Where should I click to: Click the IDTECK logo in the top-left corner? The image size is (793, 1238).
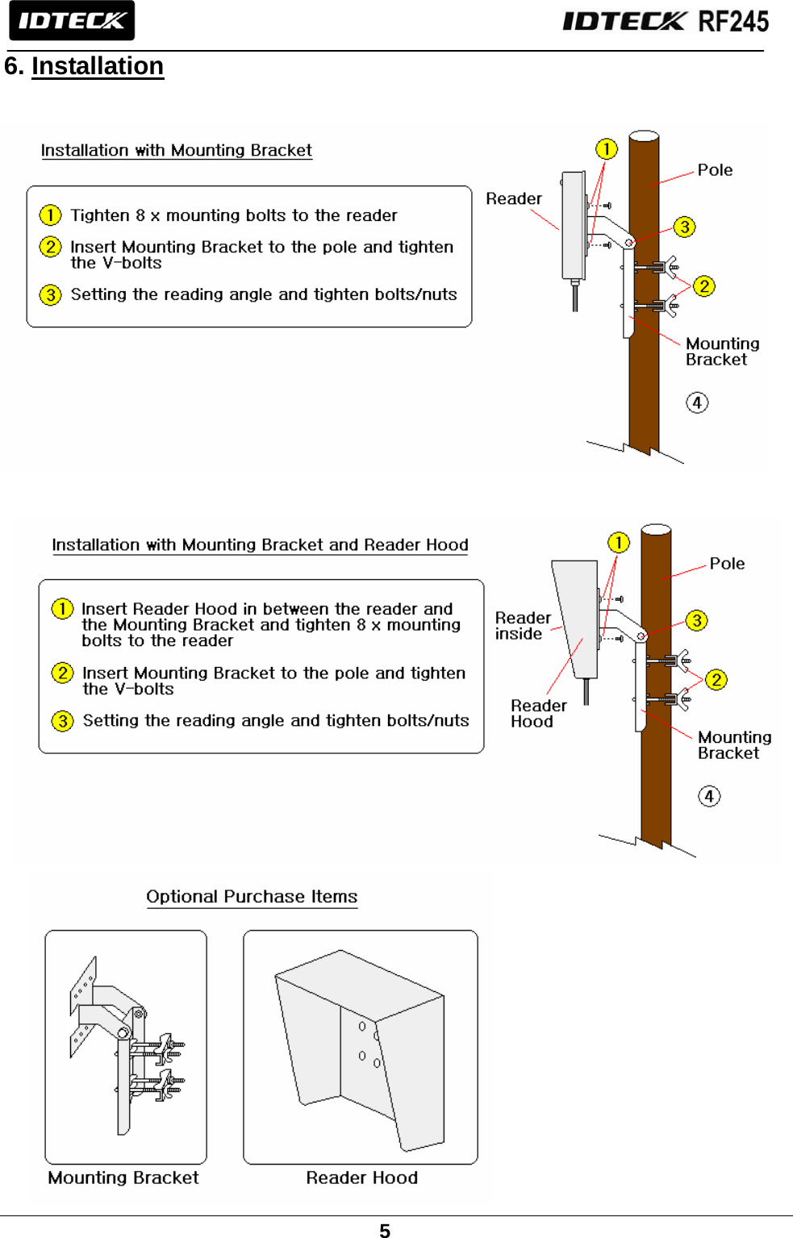click(x=71, y=20)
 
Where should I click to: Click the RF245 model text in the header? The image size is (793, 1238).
click(x=732, y=21)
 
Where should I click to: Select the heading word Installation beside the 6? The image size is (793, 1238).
click(x=98, y=66)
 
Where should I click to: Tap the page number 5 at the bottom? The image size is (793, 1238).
click(x=385, y=1230)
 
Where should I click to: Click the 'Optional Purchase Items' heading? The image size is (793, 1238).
click(x=252, y=897)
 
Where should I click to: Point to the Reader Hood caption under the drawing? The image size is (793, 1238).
click(x=361, y=1178)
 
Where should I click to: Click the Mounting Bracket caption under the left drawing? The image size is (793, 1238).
click(x=123, y=1178)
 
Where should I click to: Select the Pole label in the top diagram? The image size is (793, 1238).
click(x=715, y=170)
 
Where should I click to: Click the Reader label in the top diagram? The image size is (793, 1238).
click(x=514, y=198)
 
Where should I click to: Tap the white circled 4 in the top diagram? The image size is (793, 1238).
click(x=697, y=402)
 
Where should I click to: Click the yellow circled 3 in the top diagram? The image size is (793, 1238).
click(x=684, y=227)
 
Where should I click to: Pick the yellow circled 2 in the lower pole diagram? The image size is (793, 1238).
click(x=716, y=680)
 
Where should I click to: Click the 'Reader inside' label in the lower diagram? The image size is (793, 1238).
click(x=523, y=626)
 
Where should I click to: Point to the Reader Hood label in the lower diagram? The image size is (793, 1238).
click(x=538, y=714)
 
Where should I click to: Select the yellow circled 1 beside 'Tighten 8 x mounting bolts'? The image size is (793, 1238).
click(x=50, y=215)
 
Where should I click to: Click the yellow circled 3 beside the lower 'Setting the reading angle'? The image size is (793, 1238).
click(x=62, y=721)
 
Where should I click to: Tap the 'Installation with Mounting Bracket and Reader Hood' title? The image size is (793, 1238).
click(x=260, y=545)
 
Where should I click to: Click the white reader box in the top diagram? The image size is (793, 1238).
click(x=574, y=225)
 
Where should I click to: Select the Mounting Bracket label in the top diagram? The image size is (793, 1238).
click(x=722, y=352)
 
